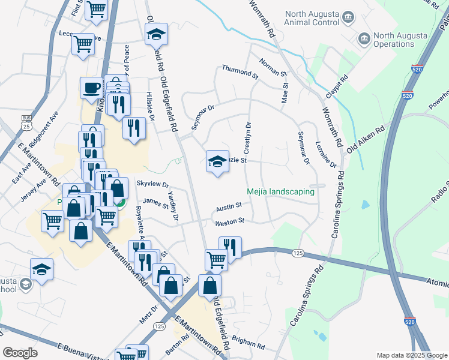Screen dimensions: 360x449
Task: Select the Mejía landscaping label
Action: [281, 192]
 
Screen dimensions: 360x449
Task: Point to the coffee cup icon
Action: [91, 88]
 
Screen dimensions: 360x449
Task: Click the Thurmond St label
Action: [240, 73]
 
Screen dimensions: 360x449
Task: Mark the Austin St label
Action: [228, 206]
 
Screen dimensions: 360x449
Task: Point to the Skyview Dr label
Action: [152, 185]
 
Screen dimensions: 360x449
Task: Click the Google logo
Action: [20, 353]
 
